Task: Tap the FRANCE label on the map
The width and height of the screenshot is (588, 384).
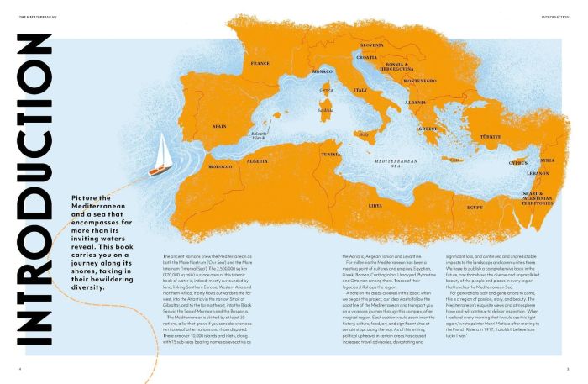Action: tap(260, 63)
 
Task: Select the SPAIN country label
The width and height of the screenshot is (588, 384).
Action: tap(219, 127)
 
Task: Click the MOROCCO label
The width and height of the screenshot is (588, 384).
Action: tap(220, 166)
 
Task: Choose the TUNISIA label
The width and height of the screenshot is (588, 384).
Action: tap(330, 155)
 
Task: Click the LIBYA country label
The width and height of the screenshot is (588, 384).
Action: tap(375, 204)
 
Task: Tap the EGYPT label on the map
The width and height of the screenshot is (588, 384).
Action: tap(475, 206)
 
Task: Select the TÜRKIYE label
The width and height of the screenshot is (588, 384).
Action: tap(490, 136)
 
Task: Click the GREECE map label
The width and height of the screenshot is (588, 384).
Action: tap(428, 129)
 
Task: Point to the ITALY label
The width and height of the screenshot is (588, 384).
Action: tap(360, 89)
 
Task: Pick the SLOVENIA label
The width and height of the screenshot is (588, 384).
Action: tap(371, 45)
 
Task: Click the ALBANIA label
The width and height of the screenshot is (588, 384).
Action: tap(416, 101)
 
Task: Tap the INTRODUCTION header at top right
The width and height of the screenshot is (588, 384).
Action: tap(555, 16)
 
